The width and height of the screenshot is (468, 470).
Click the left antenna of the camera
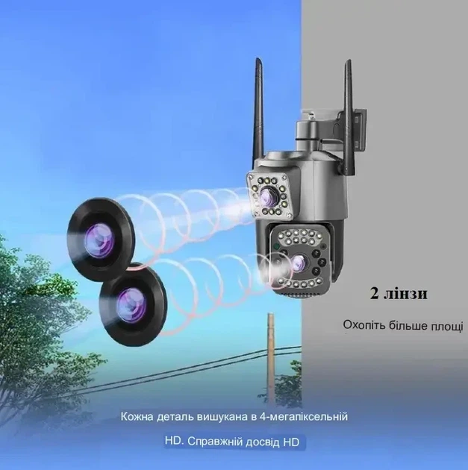[x=258, y=108]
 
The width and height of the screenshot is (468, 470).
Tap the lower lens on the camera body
[x=300, y=262]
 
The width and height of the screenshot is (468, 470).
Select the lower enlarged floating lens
[x=133, y=304]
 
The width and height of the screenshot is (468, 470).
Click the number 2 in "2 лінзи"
[x=374, y=294]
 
